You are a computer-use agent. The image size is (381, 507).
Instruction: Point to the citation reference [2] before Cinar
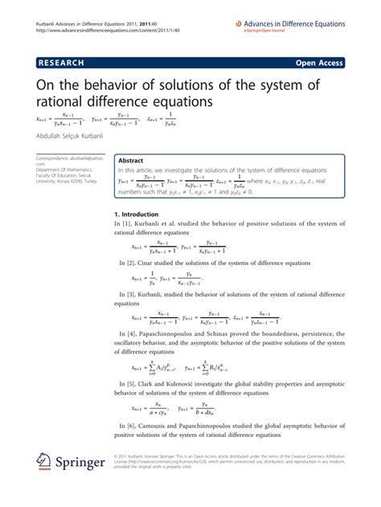point(129,263)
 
